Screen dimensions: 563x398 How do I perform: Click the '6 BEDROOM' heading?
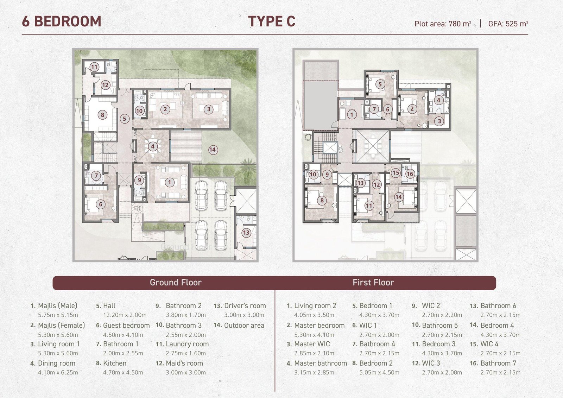coord(62,21)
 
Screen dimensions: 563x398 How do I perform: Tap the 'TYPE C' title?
coord(272,21)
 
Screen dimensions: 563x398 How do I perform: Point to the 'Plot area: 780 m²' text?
coord(443,24)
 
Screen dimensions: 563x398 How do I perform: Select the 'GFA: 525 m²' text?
coord(508,24)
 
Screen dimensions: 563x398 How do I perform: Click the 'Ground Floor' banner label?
coord(176,282)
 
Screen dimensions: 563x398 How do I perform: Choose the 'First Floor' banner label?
coord(373,282)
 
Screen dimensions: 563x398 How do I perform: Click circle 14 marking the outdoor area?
coord(213,150)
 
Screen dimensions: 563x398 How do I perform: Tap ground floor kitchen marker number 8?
coord(102,115)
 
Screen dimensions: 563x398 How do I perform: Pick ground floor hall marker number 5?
coord(125,119)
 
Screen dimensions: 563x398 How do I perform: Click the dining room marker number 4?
coord(153,146)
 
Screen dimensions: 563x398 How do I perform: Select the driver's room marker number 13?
coord(246,233)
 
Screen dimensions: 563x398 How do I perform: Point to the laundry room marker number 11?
coord(94,67)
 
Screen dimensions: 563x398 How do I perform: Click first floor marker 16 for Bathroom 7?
coord(410,174)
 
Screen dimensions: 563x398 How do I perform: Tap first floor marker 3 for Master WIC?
coord(439,121)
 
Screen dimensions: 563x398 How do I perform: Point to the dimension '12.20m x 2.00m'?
coord(125,315)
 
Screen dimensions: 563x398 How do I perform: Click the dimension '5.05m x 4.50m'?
coord(379,372)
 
